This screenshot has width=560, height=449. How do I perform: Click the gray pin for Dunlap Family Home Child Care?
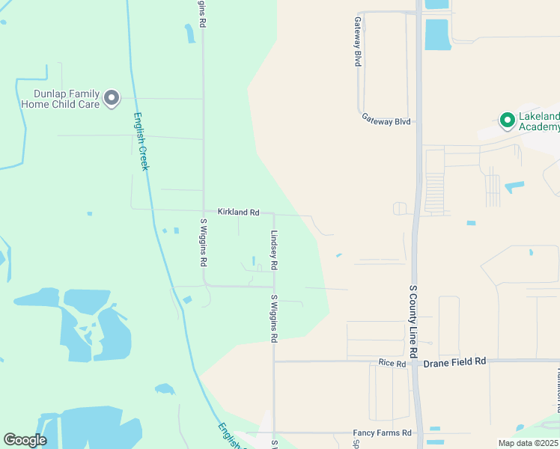click(112, 98)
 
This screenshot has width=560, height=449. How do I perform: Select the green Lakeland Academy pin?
click(507, 119)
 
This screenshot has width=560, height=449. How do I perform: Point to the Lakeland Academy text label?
click(539, 121)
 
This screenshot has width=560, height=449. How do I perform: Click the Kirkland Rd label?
click(238, 213)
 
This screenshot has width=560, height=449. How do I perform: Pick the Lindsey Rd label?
click(275, 250)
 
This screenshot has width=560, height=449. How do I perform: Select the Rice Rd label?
click(392, 364)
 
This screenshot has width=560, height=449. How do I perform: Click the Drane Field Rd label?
click(454, 361)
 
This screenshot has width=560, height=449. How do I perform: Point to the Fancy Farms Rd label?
click(383, 433)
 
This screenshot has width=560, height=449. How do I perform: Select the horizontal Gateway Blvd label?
click(386, 119)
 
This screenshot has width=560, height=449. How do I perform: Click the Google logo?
click(25, 440)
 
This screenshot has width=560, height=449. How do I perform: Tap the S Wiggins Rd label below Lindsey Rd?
click(274, 318)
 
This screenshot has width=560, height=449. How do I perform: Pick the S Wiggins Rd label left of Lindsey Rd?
click(204, 242)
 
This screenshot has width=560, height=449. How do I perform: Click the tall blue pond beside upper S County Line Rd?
click(438, 34)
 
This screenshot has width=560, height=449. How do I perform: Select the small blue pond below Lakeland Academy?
click(514, 186)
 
